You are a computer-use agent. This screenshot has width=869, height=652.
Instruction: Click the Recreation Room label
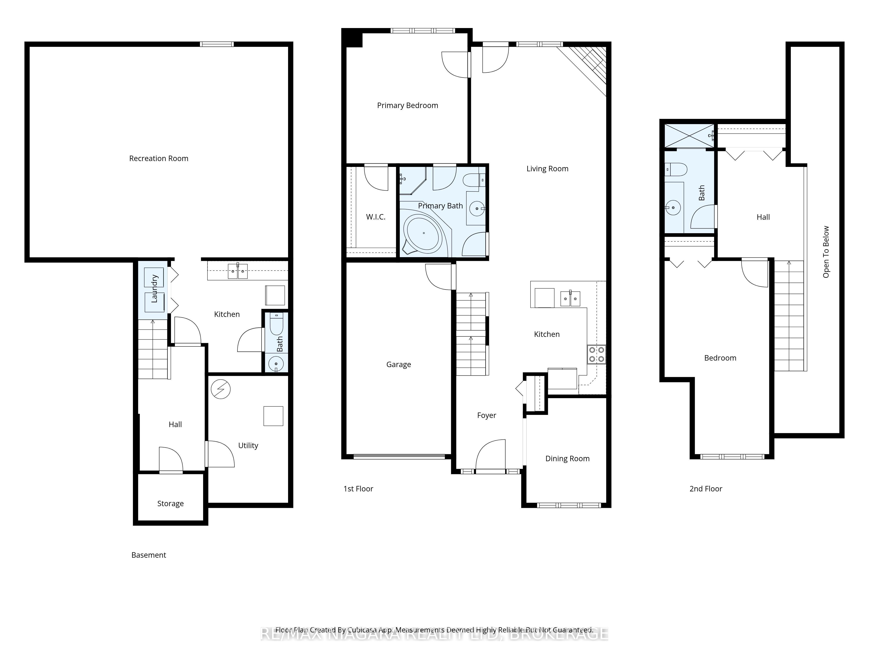(x=159, y=158)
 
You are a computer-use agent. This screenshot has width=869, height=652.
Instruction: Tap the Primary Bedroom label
(x=407, y=105)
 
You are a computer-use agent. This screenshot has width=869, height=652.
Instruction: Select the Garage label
(x=398, y=364)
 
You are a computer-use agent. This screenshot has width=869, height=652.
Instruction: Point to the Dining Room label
(x=567, y=459)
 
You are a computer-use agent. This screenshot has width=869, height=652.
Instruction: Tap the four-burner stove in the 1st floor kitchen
(x=596, y=354)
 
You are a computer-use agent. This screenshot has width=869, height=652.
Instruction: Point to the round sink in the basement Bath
(x=276, y=364)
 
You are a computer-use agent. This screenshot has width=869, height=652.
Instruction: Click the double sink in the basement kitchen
(x=238, y=271)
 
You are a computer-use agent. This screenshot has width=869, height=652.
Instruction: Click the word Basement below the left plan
(x=149, y=555)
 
